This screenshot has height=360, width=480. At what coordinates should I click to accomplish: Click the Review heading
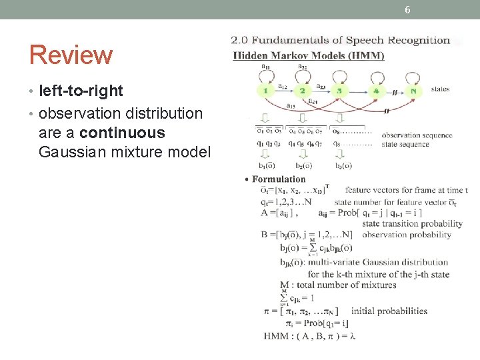71,55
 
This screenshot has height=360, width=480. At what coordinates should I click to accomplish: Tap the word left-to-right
81,91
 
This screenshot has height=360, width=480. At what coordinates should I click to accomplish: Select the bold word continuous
122,133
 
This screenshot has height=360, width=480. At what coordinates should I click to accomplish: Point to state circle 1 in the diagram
265,91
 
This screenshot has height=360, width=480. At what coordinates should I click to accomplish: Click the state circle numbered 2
302,91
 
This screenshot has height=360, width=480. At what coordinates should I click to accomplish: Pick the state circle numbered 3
339,91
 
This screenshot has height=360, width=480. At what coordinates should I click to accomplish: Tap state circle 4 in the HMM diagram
376,91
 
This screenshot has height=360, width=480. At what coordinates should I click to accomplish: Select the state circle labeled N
414,91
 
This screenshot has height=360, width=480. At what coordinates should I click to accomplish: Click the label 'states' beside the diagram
441,89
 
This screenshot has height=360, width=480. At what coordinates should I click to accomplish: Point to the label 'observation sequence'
417,135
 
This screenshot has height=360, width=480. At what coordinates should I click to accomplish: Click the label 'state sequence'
406,144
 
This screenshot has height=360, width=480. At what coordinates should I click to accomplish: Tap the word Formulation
279,179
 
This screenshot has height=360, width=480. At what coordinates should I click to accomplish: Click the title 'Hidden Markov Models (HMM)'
308,55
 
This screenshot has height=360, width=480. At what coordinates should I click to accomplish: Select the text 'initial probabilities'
389,311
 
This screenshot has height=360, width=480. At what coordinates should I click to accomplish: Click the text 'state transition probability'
412,224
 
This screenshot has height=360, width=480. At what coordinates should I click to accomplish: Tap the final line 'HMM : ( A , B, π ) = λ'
310,335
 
